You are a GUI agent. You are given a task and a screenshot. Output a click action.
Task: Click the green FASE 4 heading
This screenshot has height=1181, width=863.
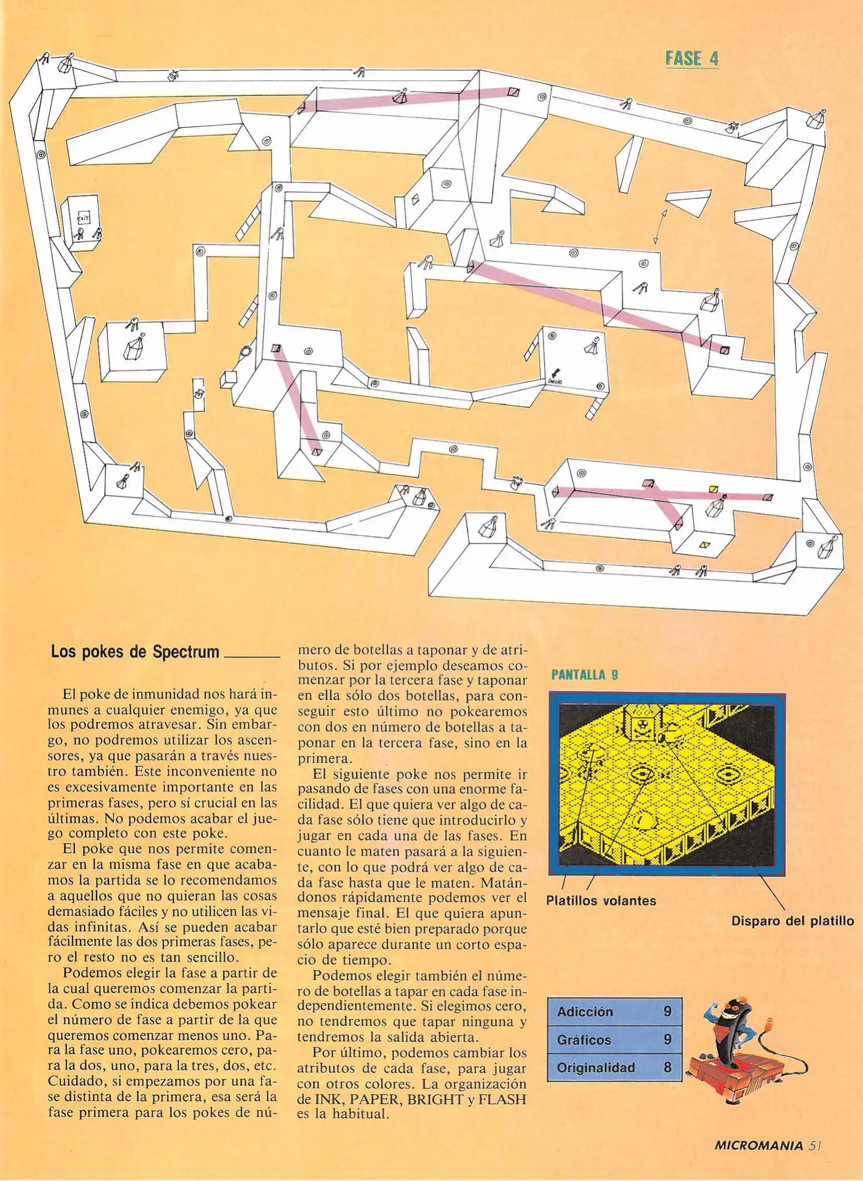pyautogui.click(x=691, y=58)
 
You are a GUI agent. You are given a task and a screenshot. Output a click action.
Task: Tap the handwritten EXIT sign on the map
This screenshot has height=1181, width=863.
pyautogui.click(x=83, y=218)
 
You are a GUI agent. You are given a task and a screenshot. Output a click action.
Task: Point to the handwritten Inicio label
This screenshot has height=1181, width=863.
pyautogui.click(x=555, y=381)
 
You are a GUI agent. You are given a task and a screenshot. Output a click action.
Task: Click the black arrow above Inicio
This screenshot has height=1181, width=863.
pyautogui.click(x=556, y=372)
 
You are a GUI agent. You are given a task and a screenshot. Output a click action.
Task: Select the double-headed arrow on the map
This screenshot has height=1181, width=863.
pyautogui.click(x=660, y=226)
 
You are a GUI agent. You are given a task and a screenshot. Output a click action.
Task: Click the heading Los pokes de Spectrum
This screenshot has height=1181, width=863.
pyautogui.click(x=135, y=652)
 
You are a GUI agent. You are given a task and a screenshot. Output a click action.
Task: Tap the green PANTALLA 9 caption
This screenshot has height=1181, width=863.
pyautogui.click(x=584, y=675)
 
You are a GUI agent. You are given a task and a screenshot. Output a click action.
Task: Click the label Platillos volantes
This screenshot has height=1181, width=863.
pyautogui.click(x=600, y=901)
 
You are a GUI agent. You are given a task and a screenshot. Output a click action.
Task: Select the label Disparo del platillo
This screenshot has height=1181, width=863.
pyautogui.click(x=792, y=921)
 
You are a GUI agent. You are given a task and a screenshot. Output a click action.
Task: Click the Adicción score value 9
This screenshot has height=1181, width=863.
pyautogui.click(x=667, y=1012)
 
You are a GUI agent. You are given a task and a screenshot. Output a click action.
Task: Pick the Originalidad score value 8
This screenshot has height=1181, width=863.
pyautogui.click(x=667, y=1067)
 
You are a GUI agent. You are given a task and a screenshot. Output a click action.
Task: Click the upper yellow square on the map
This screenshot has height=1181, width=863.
pyautogui.click(x=713, y=489)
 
